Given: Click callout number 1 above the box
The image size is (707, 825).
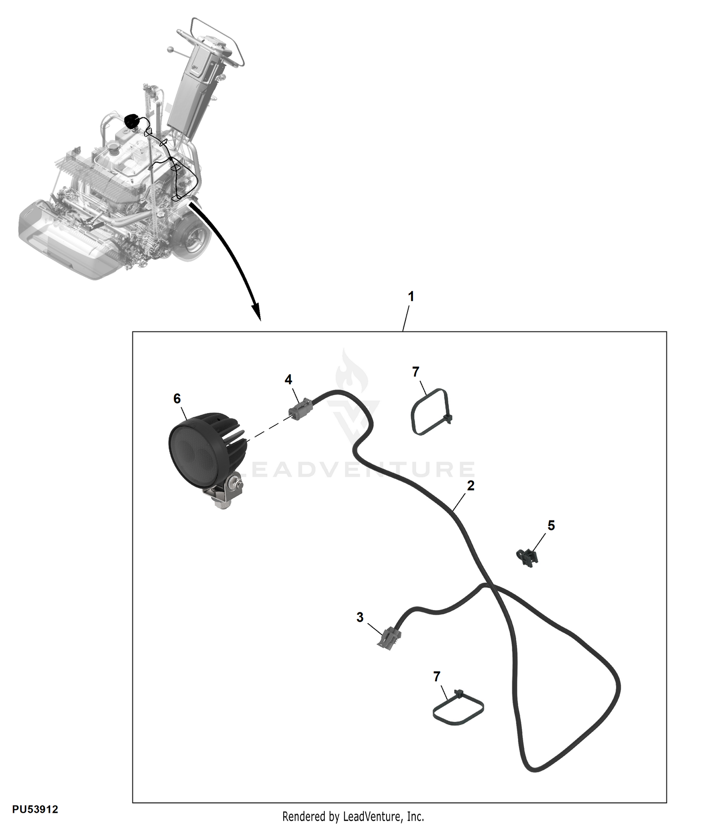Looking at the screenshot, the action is [411, 297].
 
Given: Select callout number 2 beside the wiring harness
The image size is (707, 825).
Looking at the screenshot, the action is [470, 486].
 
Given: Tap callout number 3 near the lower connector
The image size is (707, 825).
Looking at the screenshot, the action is [360, 618].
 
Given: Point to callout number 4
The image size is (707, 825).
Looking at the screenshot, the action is [288, 379].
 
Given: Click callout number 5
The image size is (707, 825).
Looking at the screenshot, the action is [551, 525].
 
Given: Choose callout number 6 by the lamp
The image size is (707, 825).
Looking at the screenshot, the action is [177, 399].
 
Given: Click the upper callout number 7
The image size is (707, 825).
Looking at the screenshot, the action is [416, 372].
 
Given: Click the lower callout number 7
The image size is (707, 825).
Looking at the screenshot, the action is [437, 676].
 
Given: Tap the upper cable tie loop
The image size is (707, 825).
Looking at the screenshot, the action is [432, 412].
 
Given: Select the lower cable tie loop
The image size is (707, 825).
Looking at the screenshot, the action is [458, 708].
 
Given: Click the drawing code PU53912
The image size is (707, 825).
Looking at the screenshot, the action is [35, 809].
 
